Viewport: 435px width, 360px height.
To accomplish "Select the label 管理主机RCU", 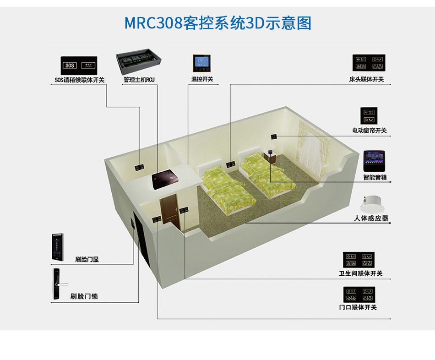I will [x=139, y=80].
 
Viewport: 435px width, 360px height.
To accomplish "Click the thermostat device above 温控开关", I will [x=201, y=64].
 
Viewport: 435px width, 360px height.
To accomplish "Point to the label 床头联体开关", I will [x=366, y=80].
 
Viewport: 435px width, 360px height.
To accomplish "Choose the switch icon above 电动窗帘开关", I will [x=369, y=116].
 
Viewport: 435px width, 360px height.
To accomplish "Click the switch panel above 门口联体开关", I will [x=359, y=294].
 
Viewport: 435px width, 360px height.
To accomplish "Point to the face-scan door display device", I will [x=57, y=247].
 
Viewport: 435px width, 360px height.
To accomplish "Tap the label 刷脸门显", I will [x=87, y=260].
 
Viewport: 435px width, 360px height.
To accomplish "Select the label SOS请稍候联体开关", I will [x=79, y=80].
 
